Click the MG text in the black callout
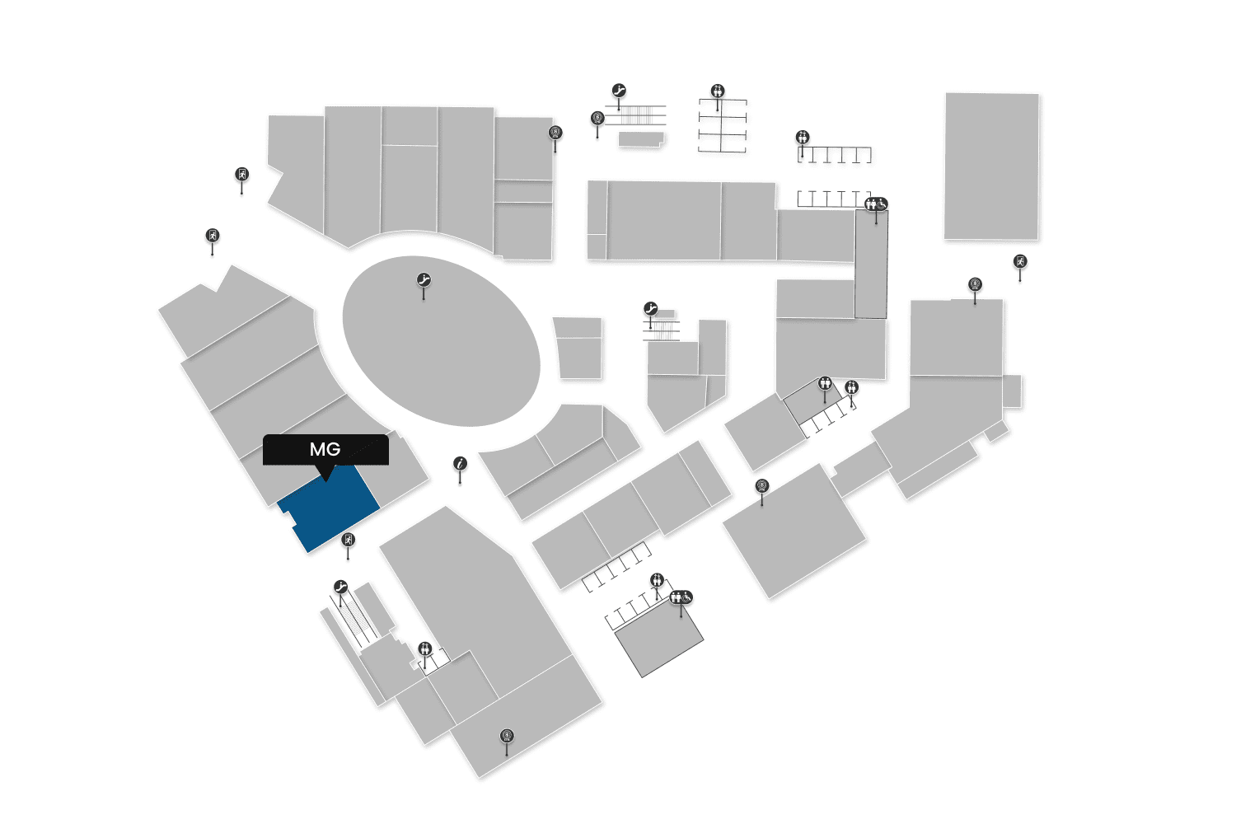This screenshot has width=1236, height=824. point(325,449)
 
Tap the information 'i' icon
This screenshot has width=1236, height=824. point(461,464)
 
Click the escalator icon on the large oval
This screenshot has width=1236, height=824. point(424,280)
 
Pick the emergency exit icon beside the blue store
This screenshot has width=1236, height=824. point(348,541)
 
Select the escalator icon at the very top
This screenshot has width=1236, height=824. point(620,91)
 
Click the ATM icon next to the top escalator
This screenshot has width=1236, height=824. point(597,119)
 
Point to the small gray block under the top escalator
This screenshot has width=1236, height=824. point(640,139)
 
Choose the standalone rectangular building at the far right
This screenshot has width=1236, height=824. point(991,166)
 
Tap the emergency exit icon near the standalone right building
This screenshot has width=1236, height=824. point(1020,262)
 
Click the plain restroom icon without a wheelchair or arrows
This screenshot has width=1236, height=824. point(825,383)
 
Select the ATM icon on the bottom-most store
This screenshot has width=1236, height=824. point(507,736)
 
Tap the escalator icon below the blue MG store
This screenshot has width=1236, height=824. point(341,588)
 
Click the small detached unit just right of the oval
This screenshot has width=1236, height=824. point(578,349)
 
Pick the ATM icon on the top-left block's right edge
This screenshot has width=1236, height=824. point(555,133)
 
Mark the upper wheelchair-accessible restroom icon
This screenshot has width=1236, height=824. point(876,204)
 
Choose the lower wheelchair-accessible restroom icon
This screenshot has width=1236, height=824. point(681,597)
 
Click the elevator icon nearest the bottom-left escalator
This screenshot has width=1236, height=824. point(424,648)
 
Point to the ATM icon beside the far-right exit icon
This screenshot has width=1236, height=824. point(975,285)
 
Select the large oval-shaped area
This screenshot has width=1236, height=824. point(441,342)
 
